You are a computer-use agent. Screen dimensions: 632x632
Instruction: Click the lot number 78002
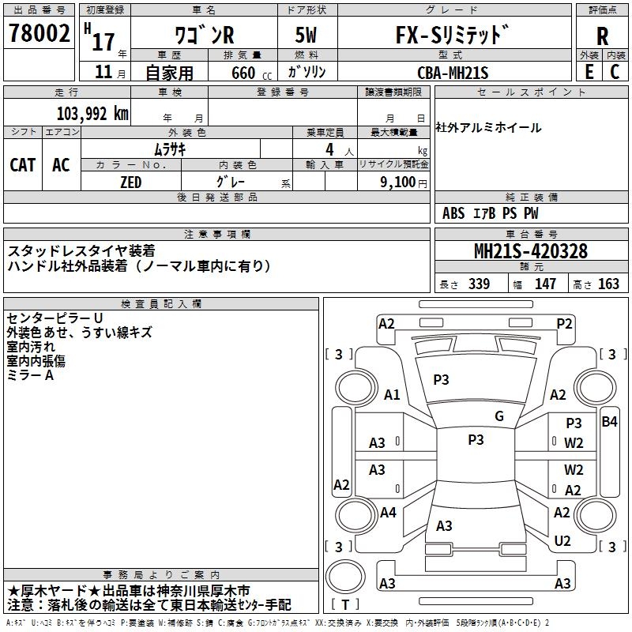click(39, 33)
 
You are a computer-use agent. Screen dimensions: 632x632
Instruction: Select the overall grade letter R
click(602, 36)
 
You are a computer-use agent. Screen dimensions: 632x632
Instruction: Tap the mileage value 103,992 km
click(92, 114)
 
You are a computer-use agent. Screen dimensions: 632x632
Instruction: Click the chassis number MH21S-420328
click(531, 251)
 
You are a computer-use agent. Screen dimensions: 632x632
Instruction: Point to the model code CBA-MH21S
click(453, 73)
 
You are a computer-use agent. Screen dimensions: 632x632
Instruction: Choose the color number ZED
click(131, 182)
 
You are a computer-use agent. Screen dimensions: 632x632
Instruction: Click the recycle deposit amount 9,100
click(398, 182)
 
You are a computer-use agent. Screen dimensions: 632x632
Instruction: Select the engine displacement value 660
click(243, 73)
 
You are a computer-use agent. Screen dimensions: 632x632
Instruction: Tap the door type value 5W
click(306, 35)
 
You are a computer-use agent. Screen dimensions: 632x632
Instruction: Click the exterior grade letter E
click(589, 72)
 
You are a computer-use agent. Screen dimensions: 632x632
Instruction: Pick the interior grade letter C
click(615, 72)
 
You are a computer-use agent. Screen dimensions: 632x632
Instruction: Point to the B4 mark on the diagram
click(609, 422)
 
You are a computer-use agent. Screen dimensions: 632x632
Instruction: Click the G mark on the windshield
click(499, 416)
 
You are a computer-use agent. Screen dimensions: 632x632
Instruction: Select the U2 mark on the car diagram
click(562, 540)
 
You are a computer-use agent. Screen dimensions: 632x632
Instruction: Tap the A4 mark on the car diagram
click(388, 512)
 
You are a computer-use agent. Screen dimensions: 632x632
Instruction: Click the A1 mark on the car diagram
click(392, 394)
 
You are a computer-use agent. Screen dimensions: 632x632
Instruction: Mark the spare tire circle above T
click(345, 577)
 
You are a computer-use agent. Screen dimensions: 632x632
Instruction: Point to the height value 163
click(608, 284)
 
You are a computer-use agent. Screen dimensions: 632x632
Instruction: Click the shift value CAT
click(23, 165)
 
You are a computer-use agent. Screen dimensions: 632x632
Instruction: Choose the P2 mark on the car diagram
click(564, 324)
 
